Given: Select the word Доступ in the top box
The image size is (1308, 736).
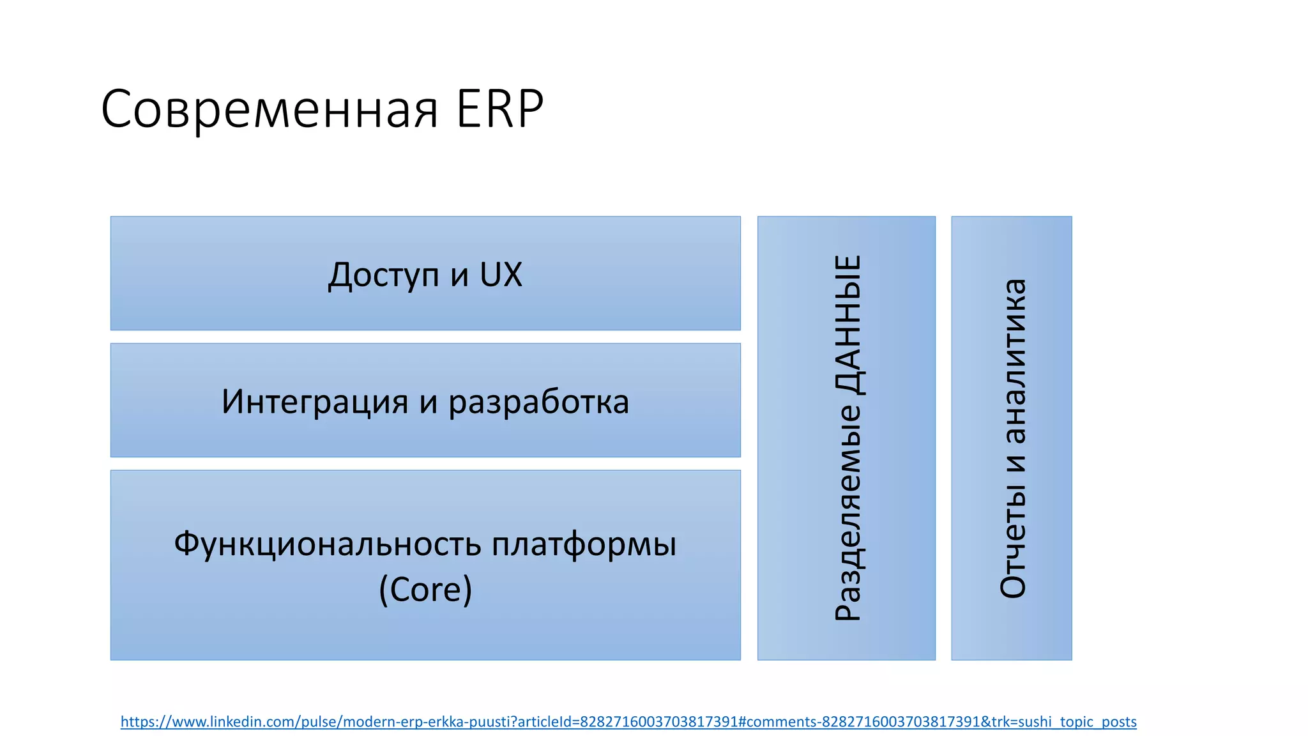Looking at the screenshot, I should click(x=383, y=275).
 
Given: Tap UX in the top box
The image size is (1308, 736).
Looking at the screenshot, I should click(x=501, y=275).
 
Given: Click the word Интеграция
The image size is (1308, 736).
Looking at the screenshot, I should click(x=314, y=402).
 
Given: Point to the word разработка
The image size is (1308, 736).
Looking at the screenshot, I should click(x=538, y=402).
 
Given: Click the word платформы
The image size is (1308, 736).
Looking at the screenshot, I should click(x=584, y=544).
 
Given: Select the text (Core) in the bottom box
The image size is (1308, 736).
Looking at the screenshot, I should click(x=425, y=589).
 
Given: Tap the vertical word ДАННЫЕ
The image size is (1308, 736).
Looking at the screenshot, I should click(x=848, y=325).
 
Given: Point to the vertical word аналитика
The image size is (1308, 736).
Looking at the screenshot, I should click(x=1013, y=361).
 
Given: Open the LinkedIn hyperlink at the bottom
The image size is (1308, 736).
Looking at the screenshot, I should click(x=628, y=722).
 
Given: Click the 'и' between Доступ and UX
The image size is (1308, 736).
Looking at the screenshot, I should click(x=459, y=276).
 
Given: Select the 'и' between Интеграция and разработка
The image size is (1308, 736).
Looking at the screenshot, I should click(x=429, y=402).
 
